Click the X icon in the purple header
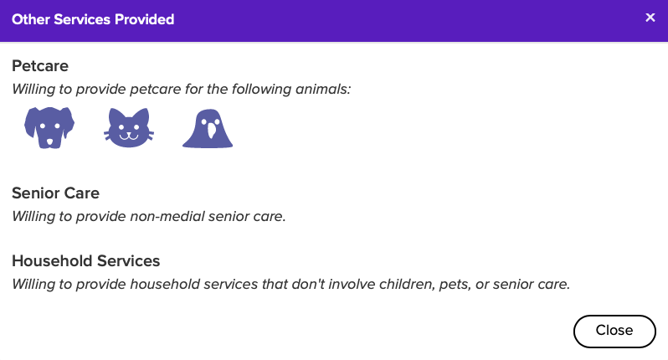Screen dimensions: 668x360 tap(650, 18)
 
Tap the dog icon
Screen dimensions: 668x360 tap(49, 127)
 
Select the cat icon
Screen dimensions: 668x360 tap(129, 128)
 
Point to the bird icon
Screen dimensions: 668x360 tap(208, 129)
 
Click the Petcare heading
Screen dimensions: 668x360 tap(40, 66)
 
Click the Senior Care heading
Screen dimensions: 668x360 tap(55, 193)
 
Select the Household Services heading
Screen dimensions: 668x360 tap(85, 260)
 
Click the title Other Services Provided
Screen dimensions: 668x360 tap(93, 19)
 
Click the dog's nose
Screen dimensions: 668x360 tap(49, 141)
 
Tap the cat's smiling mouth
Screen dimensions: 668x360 tap(129, 136)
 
